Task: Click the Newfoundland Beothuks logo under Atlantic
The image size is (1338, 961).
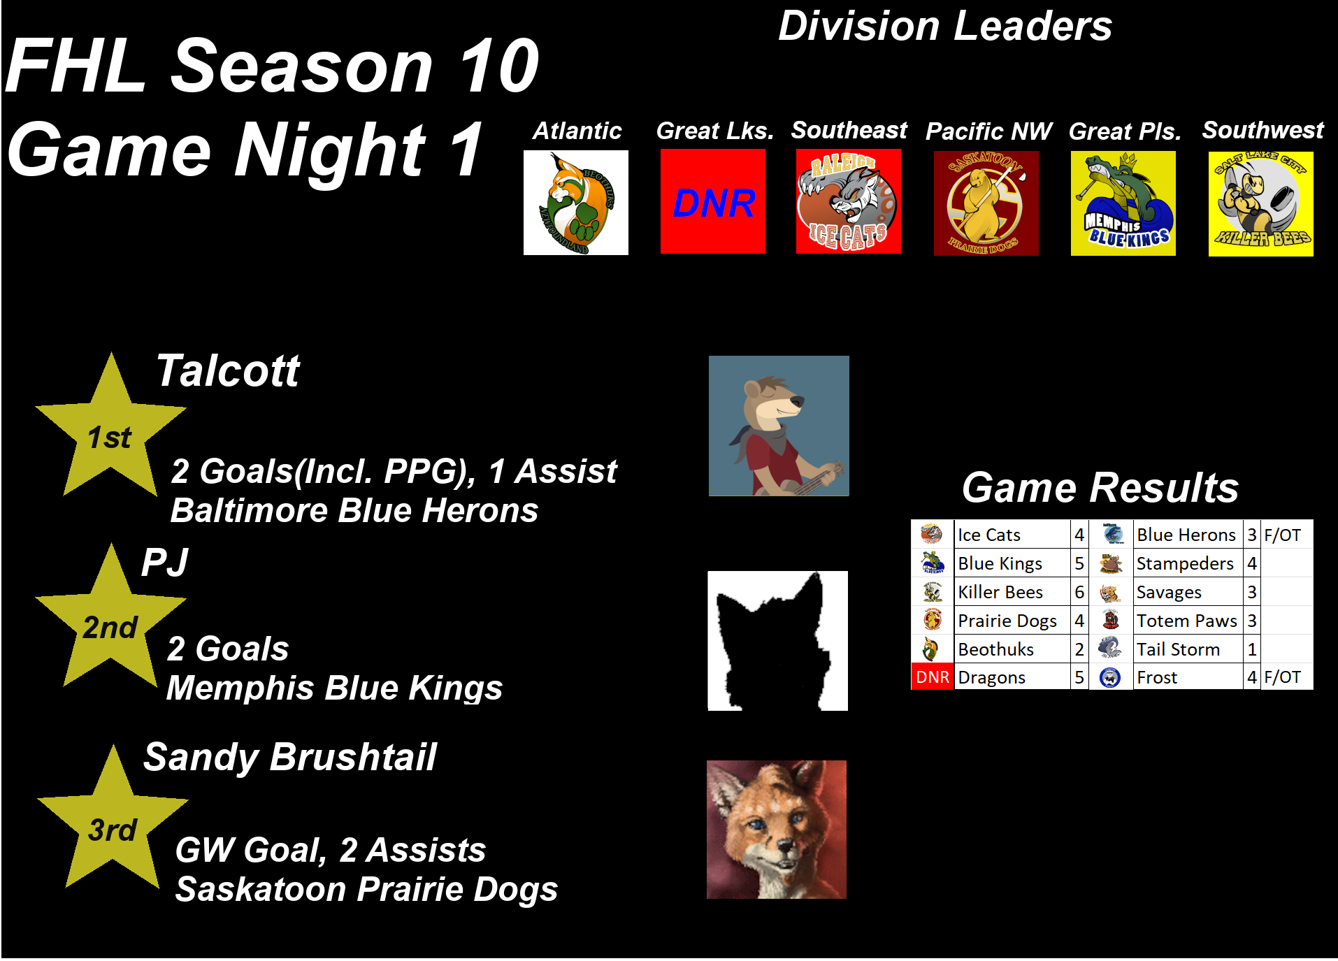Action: [x=576, y=203]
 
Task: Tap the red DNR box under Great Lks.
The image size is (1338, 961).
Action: [x=713, y=202]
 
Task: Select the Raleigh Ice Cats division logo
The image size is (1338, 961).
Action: [x=849, y=202]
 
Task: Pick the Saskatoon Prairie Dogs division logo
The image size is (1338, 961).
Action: [x=986, y=203]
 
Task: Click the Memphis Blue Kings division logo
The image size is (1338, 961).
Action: [x=1123, y=203]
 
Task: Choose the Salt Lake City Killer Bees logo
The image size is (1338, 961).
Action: [x=1261, y=204]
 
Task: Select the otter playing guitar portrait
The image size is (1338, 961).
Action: [x=779, y=426]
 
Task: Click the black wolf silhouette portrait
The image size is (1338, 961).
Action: [x=778, y=641]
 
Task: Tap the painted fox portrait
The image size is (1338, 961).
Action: [x=777, y=830]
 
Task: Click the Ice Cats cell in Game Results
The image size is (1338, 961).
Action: [x=1012, y=535]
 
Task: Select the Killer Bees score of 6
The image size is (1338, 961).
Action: [x=1079, y=592]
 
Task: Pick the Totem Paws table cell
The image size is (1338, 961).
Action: [x=1188, y=621]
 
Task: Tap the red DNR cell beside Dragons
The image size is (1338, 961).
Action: [x=933, y=677]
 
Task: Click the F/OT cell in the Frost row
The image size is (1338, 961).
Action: [x=1286, y=677]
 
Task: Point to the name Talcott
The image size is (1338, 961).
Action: [x=228, y=370]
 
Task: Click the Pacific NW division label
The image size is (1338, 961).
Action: [x=988, y=131]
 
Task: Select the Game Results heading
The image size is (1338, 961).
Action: [x=1100, y=487]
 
